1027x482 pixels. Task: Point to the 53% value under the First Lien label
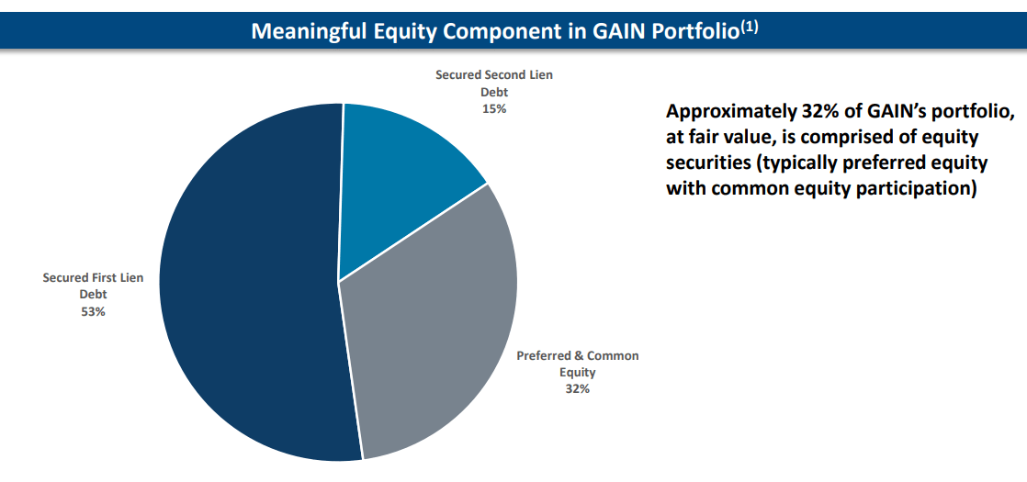[x=93, y=311]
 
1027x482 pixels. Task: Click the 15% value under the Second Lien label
[x=494, y=108]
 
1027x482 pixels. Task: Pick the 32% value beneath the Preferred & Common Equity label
[x=577, y=388]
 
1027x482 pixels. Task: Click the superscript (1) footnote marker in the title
[x=750, y=27]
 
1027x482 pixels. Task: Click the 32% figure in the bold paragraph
[x=808, y=112]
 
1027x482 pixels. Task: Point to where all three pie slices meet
[x=338, y=281]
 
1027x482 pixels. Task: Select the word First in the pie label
[x=105, y=277]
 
